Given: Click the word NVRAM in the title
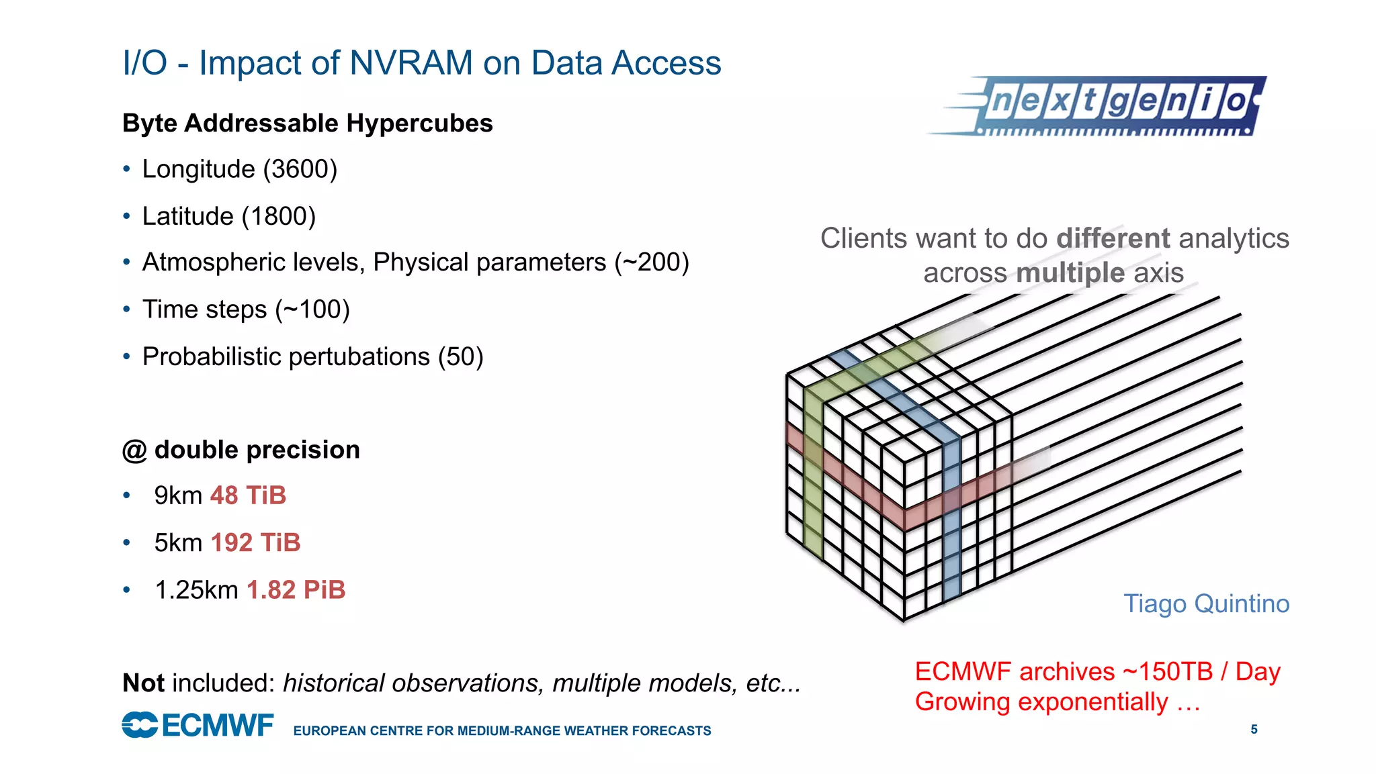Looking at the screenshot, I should pos(411,63).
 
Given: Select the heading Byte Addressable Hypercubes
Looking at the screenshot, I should pos(307,124).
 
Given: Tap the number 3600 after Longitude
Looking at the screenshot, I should pos(300,169).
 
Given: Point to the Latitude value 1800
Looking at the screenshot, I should pos(278,217).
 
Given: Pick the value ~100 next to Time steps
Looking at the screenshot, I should pos(312,309).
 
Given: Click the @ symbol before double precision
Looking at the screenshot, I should pos(134,450).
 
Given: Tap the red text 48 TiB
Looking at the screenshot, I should pos(248,495).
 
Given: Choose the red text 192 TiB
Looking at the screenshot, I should pos(255,542).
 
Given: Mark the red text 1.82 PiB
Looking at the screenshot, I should pos(296,590).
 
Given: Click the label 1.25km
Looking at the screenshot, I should pos(196,590).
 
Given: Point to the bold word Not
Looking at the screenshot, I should pos(143,683).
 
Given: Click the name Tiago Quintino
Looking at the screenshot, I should pos(1206,603).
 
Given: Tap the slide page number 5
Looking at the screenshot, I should pos(1254,729).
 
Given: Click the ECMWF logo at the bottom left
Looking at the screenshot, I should pos(198,725).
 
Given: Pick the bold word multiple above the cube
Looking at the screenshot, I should pos(1070,273).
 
